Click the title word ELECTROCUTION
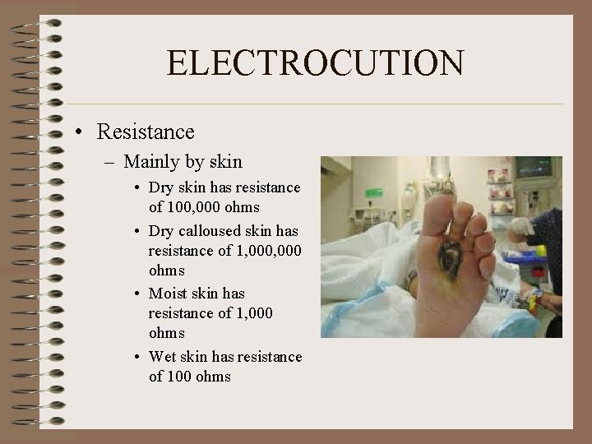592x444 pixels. point(315,63)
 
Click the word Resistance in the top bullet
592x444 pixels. point(145,132)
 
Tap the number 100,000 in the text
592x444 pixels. point(196,207)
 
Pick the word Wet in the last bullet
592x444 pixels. point(163,357)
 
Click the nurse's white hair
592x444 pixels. point(522,225)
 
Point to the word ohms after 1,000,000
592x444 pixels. point(166,271)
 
